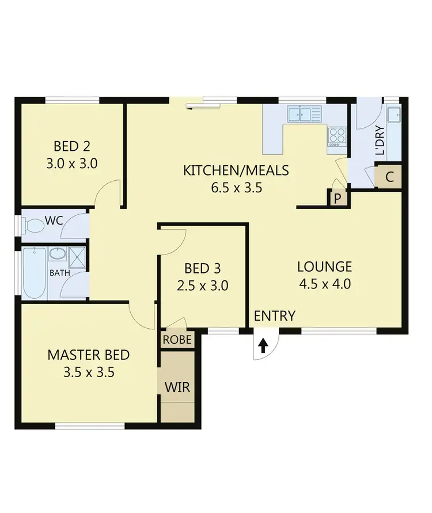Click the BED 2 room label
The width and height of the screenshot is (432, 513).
click(71, 146)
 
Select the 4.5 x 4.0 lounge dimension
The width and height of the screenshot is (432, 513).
click(324, 283)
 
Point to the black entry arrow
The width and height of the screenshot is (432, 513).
click(263, 345)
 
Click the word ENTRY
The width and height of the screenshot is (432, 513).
click(274, 316)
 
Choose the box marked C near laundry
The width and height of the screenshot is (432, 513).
click(389, 177)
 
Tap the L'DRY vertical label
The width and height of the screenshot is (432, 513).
click(379, 140)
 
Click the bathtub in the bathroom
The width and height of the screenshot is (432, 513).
click(34, 273)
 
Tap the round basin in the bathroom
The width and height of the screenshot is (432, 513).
click(57, 254)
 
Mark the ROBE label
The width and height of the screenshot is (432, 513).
click(177, 339)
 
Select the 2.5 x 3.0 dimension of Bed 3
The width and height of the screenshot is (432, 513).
click(203, 285)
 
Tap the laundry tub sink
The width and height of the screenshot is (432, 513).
click(393, 115)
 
